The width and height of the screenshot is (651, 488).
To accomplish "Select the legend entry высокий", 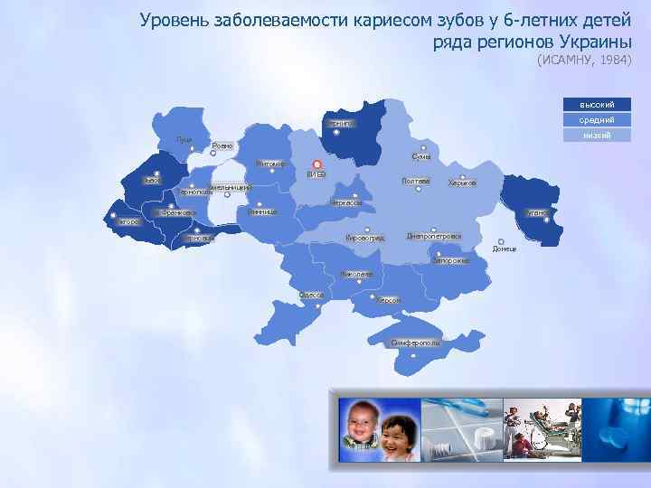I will pyautogui.click(x=596, y=104).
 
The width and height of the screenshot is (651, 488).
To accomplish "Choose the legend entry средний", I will pyautogui.click(x=596, y=119).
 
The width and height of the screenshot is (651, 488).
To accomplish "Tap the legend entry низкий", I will pyautogui.click(x=596, y=135).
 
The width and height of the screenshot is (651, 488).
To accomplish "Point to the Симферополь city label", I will pyautogui.click(x=415, y=343).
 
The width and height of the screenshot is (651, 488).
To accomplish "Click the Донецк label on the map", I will pyautogui.click(x=505, y=249).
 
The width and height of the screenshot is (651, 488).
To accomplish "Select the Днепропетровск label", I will pyautogui.click(x=433, y=237).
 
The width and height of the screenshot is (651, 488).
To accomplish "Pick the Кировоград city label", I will pyautogui.click(x=365, y=238).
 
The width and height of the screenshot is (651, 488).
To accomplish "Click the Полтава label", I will pyautogui.click(x=415, y=182).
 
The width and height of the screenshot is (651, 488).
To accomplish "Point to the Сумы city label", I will pyautogui.click(x=420, y=156).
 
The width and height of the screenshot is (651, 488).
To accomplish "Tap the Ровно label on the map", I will pyautogui.click(x=222, y=145).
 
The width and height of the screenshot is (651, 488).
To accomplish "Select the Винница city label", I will pyautogui.click(x=262, y=211).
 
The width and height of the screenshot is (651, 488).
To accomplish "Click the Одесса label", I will pyautogui.click(x=312, y=295).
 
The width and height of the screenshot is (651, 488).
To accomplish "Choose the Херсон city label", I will pyautogui.click(x=388, y=300).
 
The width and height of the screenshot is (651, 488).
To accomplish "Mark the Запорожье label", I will pyautogui.click(x=450, y=261).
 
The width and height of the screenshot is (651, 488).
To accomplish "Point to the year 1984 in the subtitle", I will pyautogui.click(x=610, y=61).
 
